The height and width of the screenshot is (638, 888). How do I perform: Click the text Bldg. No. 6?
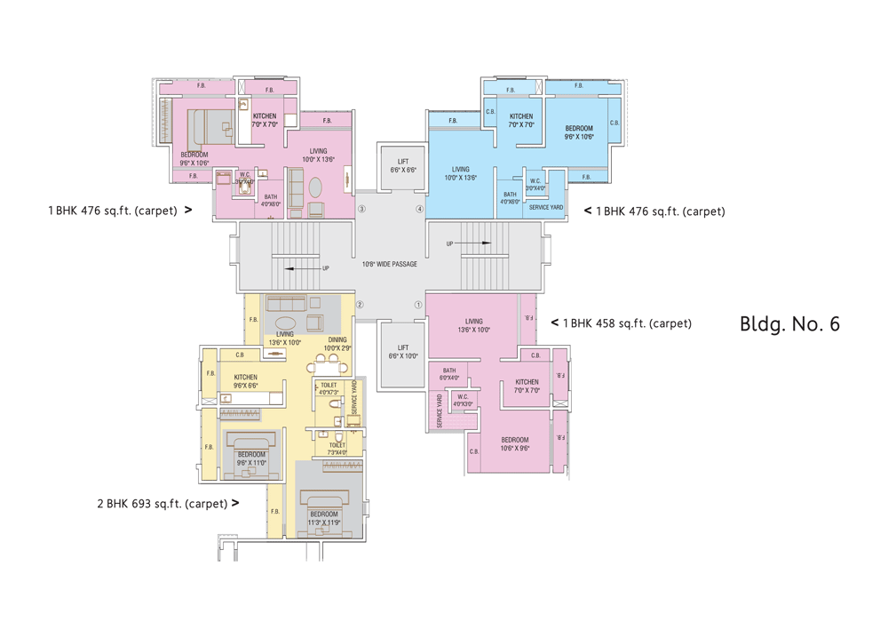point(789,323)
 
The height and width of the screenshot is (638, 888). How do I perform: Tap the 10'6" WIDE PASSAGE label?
point(389,264)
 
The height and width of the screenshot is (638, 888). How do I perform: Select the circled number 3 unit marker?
point(361,210)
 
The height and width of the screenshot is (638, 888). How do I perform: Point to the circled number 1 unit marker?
point(418,305)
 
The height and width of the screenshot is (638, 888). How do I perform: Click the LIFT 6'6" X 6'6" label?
point(402,165)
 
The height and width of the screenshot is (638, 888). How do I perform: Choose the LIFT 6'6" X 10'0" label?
point(402,352)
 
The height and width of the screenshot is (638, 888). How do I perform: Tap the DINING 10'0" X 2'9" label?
point(338,343)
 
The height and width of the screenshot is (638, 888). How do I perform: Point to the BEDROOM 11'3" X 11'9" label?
point(323,518)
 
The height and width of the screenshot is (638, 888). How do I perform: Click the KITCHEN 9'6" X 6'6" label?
point(245,382)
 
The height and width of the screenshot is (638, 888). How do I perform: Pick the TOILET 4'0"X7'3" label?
point(329,388)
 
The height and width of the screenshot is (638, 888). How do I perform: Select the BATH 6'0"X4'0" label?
point(449,374)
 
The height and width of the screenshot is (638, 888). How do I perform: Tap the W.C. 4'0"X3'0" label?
point(463,401)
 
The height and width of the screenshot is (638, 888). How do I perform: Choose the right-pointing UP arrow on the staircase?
point(474,243)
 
